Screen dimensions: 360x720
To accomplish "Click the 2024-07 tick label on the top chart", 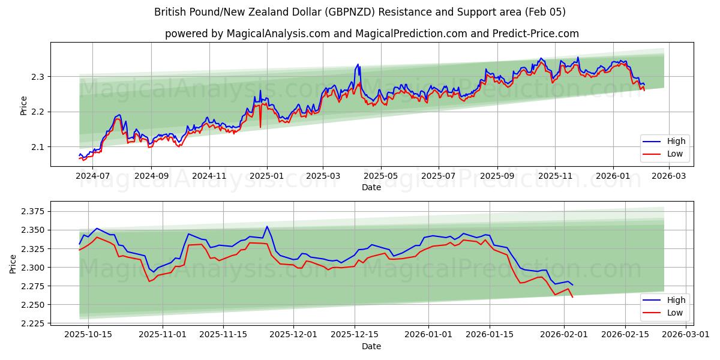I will click(x=93, y=176).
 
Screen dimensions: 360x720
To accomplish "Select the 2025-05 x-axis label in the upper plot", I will click(x=380, y=176).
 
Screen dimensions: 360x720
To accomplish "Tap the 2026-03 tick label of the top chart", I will click(x=670, y=176).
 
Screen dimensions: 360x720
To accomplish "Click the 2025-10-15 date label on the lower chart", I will click(x=88, y=335).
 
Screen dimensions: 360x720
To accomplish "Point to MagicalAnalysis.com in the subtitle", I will click(x=278, y=34).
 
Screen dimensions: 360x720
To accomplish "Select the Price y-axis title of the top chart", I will click(x=24, y=105).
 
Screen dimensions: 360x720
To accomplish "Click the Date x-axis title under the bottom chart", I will click(x=372, y=346).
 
